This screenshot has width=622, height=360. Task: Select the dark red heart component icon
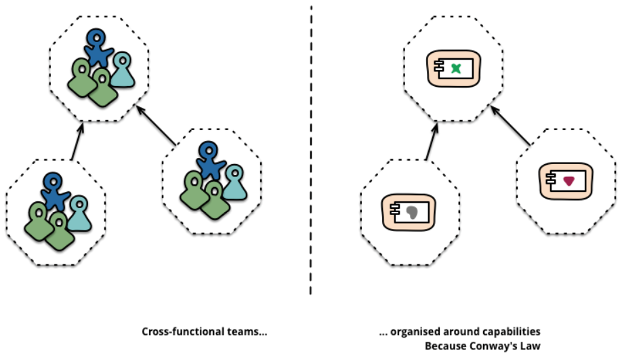click(x=568, y=179)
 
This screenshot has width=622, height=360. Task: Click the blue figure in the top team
click(x=99, y=49)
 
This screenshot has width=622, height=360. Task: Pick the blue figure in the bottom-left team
click(x=54, y=193)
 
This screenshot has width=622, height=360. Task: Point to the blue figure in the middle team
click(x=211, y=161)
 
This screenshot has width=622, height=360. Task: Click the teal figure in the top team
click(x=123, y=70)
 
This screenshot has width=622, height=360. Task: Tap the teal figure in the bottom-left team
click(x=79, y=213)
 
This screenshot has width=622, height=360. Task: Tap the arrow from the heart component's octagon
click(x=512, y=125)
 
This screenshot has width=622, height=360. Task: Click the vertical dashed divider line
click(x=311, y=149)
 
